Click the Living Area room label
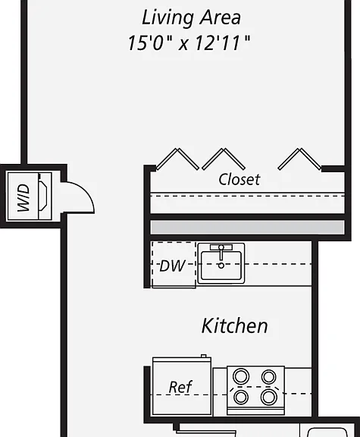coord(191,18)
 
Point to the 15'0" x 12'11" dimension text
coord(189,43)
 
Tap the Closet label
coord(239,179)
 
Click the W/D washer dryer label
coord(23,197)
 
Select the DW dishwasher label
coord(172,266)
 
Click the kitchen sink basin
coord(221,266)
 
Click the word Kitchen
coord(234,325)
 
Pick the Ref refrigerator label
coord(180,387)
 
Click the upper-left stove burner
coord(241,376)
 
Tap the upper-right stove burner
coord(269,377)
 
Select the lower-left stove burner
coord(241,397)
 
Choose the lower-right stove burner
coord(269,397)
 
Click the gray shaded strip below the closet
coord(247,227)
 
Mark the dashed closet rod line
coord(247,196)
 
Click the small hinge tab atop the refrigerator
coord(204,356)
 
